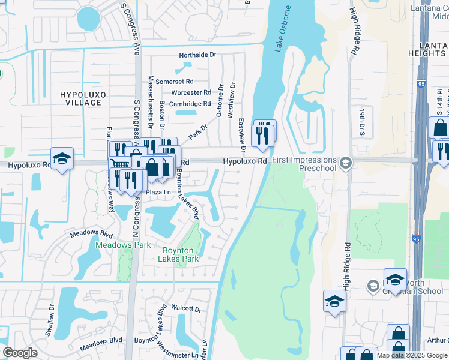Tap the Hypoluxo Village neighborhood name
point(80,98)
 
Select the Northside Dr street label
point(197,55)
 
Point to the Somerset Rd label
point(175,81)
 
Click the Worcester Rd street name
point(191,92)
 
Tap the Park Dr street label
point(198,132)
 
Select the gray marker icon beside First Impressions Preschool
point(345,162)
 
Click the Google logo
point(20,353)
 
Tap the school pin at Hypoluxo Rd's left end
point(62,158)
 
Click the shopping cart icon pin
point(120,166)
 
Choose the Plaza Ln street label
point(155,192)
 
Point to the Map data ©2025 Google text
point(412,355)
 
